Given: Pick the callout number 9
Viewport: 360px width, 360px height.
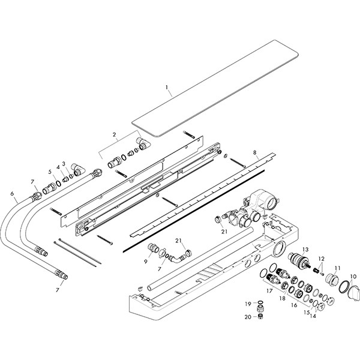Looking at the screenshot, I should coord(146,261).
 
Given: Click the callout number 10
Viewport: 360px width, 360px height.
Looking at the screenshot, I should coord(353,277).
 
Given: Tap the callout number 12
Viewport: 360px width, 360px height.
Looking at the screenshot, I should coord(321,258).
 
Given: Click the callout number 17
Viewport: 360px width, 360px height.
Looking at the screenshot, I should coord(269,291).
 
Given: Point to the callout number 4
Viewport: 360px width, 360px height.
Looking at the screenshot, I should coord(58,167).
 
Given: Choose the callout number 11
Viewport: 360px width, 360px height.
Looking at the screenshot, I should coord(337,268).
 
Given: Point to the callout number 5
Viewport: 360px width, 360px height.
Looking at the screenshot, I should coord(51,172).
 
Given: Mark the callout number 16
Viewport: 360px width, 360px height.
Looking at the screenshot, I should coord(294,305).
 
